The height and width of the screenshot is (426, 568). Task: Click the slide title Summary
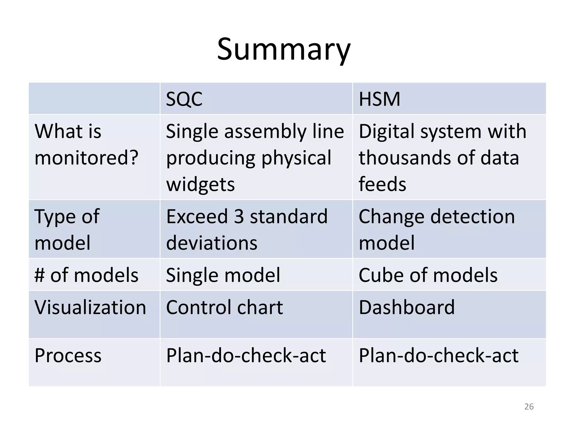(x=284, y=50)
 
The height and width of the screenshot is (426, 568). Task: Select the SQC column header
(x=184, y=99)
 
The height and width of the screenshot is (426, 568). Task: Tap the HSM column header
(x=379, y=99)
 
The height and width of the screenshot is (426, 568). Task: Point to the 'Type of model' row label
(x=67, y=229)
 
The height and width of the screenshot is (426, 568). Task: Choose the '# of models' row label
(x=86, y=275)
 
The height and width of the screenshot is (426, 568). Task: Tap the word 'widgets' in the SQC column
(x=200, y=184)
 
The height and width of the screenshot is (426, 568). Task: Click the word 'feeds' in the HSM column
(x=382, y=184)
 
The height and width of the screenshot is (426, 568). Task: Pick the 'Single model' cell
(x=223, y=275)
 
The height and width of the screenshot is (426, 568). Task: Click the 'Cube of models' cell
(x=428, y=275)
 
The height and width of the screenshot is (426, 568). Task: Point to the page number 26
(x=529, y=407)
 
